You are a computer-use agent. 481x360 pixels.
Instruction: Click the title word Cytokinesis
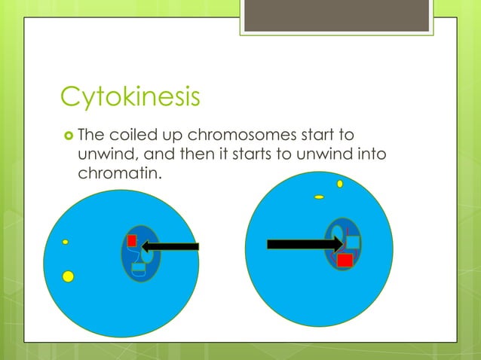[130, 98]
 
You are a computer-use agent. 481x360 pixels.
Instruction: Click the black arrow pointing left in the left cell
[170, 246]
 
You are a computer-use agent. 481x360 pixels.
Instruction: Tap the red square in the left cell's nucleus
[131, 241]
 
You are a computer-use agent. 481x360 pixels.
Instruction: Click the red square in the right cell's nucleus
[345, 260]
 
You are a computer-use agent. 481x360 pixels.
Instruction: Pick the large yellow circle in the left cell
[68, 276]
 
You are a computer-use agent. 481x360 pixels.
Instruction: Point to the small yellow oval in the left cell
[66, 242]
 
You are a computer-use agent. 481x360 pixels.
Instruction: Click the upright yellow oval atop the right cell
[340, 183]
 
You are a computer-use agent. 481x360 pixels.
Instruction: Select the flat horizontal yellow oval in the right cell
[319, 197]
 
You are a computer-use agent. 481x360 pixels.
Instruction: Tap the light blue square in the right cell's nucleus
[353, 243]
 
